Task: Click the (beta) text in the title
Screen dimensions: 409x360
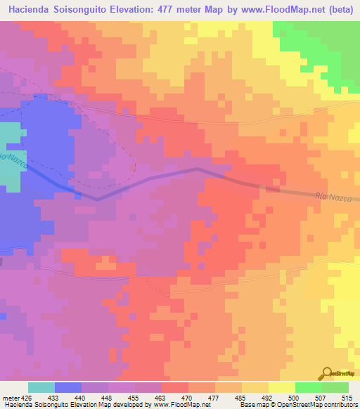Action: tap(337, 10)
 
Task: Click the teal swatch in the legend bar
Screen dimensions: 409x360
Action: tap(41, 387)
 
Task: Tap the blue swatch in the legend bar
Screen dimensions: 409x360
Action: tap(68, 387)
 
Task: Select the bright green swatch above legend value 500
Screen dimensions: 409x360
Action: tap(309, 387)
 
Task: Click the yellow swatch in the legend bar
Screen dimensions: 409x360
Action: tap(282, 387)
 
